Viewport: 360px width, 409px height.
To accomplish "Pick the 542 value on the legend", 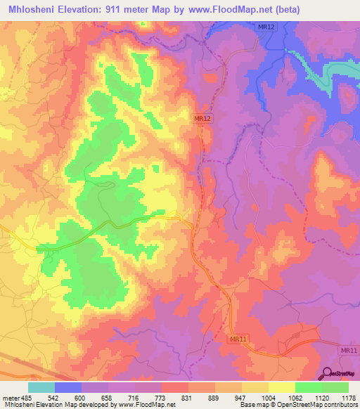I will point(54,397).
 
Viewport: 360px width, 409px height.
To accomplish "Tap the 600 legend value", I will point(82,397).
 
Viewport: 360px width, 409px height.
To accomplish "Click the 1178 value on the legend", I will point(349,397).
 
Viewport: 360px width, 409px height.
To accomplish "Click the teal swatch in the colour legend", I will point(41,387).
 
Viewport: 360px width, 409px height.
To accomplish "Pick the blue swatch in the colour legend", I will point(68,387).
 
